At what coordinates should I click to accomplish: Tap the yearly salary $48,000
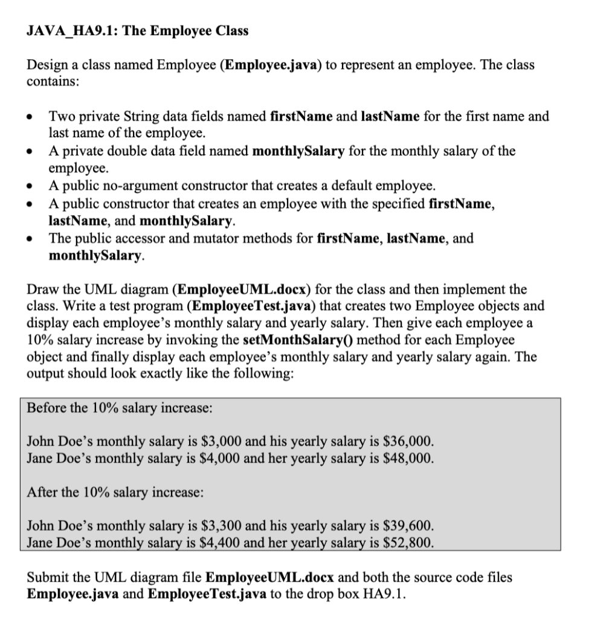(x=411, y=458)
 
